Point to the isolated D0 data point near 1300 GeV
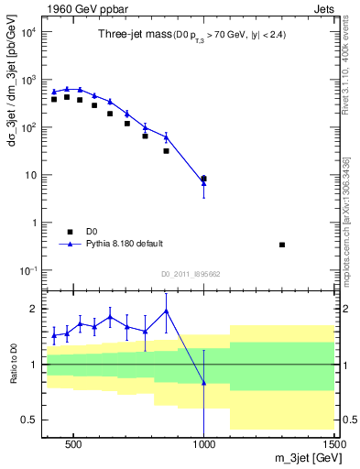coord(282,245)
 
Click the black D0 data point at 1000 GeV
coord(203,179)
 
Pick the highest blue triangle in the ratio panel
coord(166,311)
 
